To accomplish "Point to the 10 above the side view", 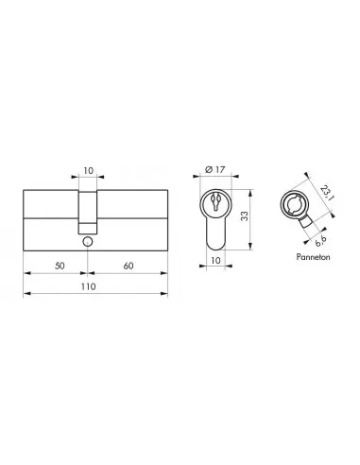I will click(x=87, y=173).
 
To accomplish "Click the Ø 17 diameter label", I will click(x=217, y=170).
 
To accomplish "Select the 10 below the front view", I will click(x=217, y=259).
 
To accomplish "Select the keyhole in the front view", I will click(x=217, y=202).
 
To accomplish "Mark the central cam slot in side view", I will click(x=87, y=213).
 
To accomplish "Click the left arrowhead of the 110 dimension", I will click(x=24, y=295).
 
